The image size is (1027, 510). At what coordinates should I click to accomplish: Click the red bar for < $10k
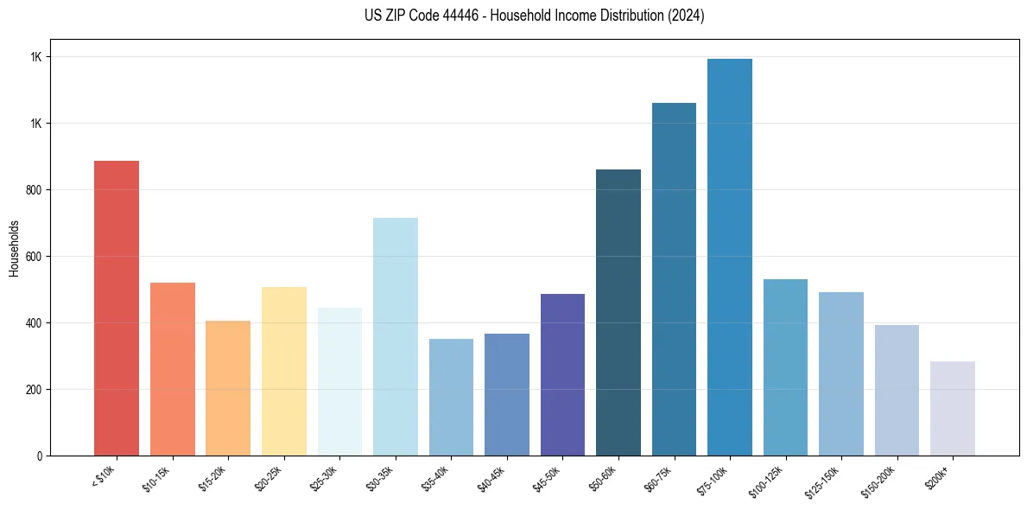[116, 308]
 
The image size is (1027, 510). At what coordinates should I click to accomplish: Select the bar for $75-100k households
[729, 257]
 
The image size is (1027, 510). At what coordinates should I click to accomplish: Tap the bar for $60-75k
[674, 279]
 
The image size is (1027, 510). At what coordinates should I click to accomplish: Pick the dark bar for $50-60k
[618, 312]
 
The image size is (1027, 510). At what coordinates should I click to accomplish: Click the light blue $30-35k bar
[396, 336]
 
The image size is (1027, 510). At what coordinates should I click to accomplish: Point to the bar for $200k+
[952, 408]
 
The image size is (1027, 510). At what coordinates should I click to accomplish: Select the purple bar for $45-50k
[562, 374]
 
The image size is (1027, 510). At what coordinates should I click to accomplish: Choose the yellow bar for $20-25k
[284, 371]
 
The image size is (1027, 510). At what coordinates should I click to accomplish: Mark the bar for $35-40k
[451, 397]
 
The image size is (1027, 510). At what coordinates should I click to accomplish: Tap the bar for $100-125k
[785, 367]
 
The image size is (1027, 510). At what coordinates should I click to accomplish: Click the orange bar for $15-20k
[228, 388]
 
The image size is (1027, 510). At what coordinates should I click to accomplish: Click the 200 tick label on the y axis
[34, 390]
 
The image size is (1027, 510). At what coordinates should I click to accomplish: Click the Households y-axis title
[14, 247]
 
